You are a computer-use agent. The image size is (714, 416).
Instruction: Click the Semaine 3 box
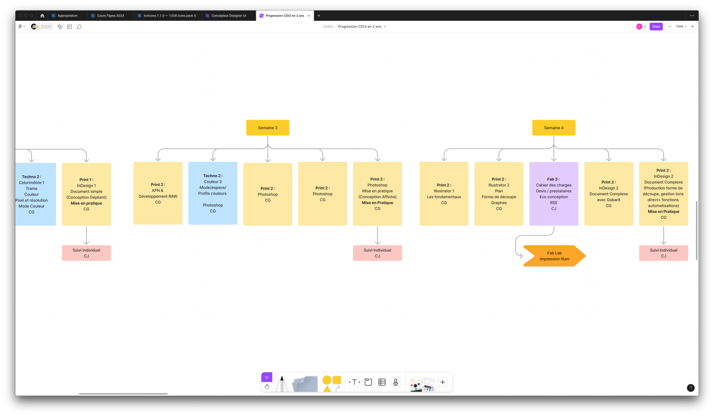[268, 127]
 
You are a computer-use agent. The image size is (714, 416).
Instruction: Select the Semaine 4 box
[553, 127]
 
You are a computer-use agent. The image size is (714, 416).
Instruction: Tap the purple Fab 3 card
[553, 194]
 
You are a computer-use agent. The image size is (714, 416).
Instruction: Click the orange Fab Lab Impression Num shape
[554, 256]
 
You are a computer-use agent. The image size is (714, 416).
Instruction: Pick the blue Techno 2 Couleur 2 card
[213, 193]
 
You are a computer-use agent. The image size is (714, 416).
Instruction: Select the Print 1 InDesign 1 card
[86, 195]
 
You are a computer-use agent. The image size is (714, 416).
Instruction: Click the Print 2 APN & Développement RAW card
[158, 193]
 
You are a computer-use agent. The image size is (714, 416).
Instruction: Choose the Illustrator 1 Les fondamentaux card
[444, 194]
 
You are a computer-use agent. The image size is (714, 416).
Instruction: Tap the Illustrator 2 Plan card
[498, 194]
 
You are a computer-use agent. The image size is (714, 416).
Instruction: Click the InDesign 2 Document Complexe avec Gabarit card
[608, 194]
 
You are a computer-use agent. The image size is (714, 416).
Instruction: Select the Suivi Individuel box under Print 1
[86, 253]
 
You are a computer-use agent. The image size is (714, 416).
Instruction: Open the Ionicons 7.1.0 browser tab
[168, 16]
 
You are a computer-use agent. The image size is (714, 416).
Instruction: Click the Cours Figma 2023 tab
[110, 16]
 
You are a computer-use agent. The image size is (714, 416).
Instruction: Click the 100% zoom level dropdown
[681, 27]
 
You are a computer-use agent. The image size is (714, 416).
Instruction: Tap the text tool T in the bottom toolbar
[354, 382]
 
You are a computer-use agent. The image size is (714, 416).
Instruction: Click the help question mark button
[690, 388]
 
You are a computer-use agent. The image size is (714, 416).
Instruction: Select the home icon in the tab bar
[42, 16]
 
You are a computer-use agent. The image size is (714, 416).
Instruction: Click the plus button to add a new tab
[319, 16]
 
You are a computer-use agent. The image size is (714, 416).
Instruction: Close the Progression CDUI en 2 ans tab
[309, 16]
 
